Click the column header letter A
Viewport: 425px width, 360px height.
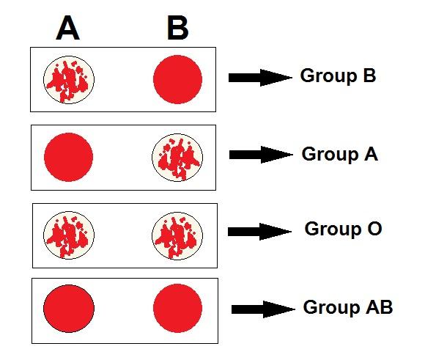point(67,28)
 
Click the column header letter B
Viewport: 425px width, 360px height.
point(178,28)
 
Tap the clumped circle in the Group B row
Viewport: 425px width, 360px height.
point(69,80)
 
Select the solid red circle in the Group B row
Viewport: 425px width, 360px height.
point(177,79)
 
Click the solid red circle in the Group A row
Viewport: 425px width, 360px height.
point(69,157)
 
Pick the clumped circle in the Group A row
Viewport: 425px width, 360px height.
point(177,158)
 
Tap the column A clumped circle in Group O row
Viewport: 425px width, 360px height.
point(69,235)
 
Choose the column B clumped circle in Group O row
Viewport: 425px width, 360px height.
point(177,236)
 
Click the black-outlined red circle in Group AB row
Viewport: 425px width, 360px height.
point(69,309)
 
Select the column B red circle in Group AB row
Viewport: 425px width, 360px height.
point(177,308)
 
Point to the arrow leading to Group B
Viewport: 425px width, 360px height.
point(260,78)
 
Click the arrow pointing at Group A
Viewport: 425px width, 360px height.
point(261,155)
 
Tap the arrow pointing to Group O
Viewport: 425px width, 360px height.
point(259,232)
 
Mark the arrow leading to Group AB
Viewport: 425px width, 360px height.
point(263,309)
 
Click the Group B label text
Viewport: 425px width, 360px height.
point(338,76)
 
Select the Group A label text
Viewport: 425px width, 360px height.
point(339,155)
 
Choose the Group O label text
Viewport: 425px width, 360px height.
point(343,229)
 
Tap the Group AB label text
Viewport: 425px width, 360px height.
point(348,308)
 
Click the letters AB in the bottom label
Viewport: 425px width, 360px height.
point(380,306)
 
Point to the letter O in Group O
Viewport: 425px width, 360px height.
point(374,229)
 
